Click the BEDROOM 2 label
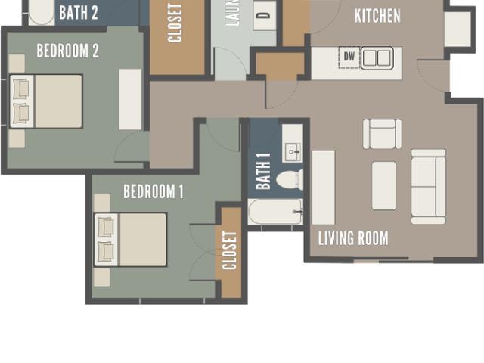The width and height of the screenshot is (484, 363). pyautogui.click(x=68, y=51)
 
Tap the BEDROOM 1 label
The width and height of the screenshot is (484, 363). pyautogui.click(x=154, y=191)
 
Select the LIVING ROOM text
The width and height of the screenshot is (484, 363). pyautogui.click(x=353, y=239)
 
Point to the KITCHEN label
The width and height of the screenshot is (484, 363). pyautogui.click(x=377, y=16)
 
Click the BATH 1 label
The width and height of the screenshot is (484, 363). pyautogui.click(x=263, y=171)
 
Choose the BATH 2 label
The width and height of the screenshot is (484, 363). pyautogui.click(x=79, y=12)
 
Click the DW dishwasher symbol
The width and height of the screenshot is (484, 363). pyautogui.click(x=349, y=57)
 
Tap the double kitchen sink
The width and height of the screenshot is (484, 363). pyautogui.click(x=376, y=57)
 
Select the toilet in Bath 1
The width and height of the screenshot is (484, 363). pyautogui.click(x=290, y=180)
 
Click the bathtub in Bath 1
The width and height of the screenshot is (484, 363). pyautogui.click(x=275, y=212)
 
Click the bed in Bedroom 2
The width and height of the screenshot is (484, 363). pyautogui.click(x=46, y=101)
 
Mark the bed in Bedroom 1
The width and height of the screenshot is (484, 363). pyautogui.click(x=130, y=240)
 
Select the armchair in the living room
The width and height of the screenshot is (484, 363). pyautogui.click(x=382, y=134)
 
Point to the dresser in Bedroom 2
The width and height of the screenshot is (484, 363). pyautogui.click(x=130, y=99)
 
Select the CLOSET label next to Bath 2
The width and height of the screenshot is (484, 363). pyautogui.click(x=176, y=23)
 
